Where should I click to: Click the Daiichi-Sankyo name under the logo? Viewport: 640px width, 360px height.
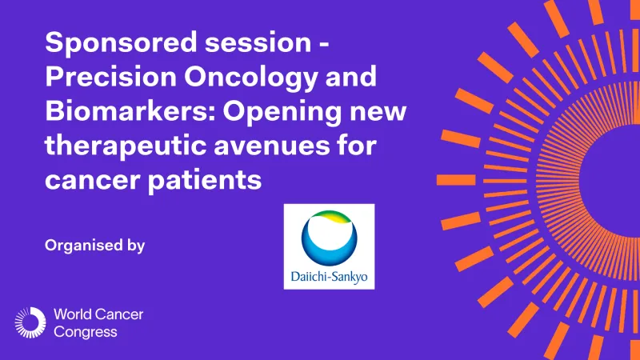pos(329,279)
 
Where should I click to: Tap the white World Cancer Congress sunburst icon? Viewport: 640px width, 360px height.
pos(30,322)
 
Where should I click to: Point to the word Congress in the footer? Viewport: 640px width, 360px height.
pos(84,331)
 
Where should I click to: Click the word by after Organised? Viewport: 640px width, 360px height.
pos(135,246)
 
